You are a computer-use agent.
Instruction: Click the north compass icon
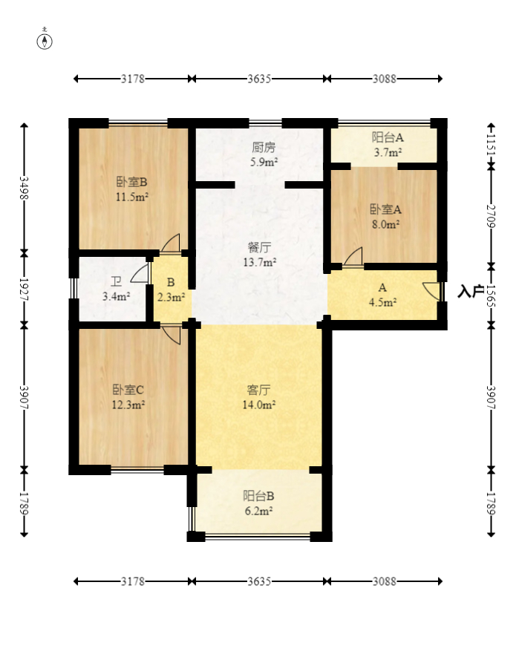(x=45, y=41)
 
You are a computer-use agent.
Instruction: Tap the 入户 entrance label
(x=471, y=291)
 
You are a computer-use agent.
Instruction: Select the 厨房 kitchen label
(x=264, y=147)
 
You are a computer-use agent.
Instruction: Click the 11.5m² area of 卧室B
(x=132, y=197)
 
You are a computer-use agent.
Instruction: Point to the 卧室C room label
(x=128, y=390)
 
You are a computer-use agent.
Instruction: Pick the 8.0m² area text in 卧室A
(x=385, y=224)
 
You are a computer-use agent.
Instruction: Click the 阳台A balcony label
(x=388, y=137)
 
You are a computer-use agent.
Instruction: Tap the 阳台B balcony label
(x=258, y=496)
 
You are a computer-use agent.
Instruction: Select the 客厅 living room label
(x=259, y=391)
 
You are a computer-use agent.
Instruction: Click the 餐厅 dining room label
(x=259, y=247)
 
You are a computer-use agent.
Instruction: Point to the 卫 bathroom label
(x=116, y=281)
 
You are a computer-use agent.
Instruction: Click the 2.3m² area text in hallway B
(x=171, y=297)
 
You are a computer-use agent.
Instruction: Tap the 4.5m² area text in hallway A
(x=382, y=302)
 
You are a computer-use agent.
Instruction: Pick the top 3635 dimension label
(x=259, y=79)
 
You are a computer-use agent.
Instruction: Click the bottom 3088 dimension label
(x=385, y=581)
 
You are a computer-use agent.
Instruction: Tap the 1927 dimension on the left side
(x=25, y=290)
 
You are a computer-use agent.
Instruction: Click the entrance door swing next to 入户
(x=431, y=291)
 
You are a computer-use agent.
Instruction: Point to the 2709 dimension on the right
(x=491, y=216)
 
